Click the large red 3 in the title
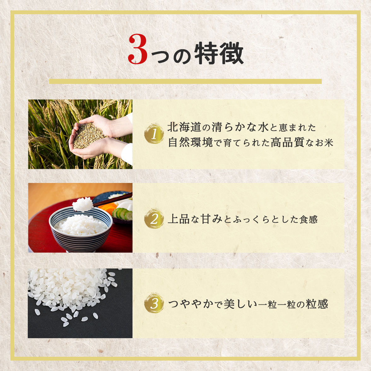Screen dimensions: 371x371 click(x=138, y=49)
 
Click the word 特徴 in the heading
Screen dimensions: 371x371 click(x=219, y=53)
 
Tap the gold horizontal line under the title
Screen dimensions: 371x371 click(x=185, y=81)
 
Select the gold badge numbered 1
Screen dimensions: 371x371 click(x=154, y=134)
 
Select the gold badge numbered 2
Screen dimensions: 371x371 click(x=154, y=219)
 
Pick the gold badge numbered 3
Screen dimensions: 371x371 click(x=154, y=303)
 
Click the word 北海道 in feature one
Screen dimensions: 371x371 click(x=184, y=127)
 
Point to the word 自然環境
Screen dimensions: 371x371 click(x=191, y=142)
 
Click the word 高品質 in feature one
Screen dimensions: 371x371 click(x=287, y=142)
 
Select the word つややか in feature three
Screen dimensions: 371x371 click(x=191, y=304)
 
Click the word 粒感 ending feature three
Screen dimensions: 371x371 click(x=317, y=304)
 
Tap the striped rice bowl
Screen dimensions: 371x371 click(x=80, y=229)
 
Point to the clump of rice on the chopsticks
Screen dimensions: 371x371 click(x=83, y=204)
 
